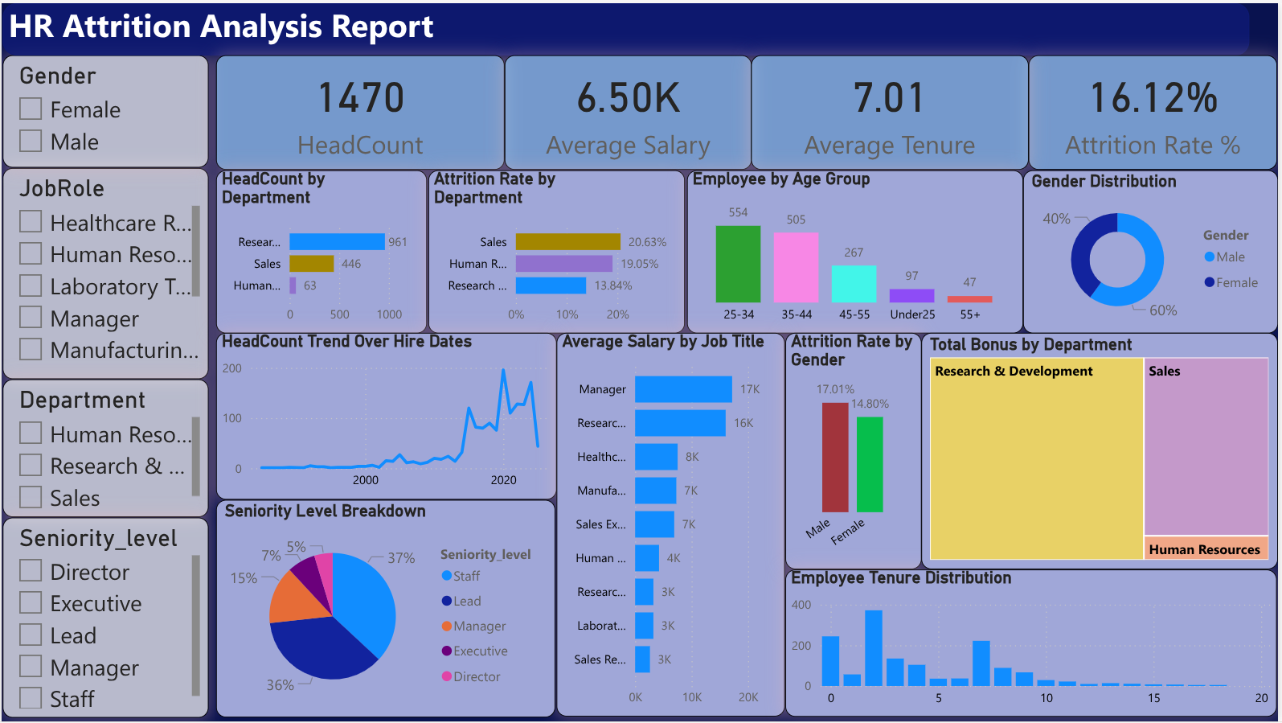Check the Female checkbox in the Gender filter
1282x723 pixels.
(31, 109)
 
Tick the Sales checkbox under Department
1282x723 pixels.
(31, 497)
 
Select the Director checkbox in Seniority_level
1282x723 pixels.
(31, 571)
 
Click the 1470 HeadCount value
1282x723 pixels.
(361, 98)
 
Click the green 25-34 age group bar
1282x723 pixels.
(738, 264)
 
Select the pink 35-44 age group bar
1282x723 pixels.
(796, 267)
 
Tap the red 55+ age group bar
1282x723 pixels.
(969, 299)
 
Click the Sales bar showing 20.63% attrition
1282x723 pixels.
(567, 241)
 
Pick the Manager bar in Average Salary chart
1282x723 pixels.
(683, 389)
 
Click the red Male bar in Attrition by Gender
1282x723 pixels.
(835, 457)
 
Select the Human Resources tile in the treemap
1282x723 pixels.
(1205, 549)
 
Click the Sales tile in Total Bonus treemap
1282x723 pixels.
(1206, 446)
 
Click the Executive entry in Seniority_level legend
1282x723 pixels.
(480, 651)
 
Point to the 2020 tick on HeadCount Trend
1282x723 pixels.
(504, 480)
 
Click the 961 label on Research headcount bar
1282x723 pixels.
(398, 242)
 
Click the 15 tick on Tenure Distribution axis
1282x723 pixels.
(1153, 698)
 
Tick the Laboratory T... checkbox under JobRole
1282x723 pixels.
(31, 286)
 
